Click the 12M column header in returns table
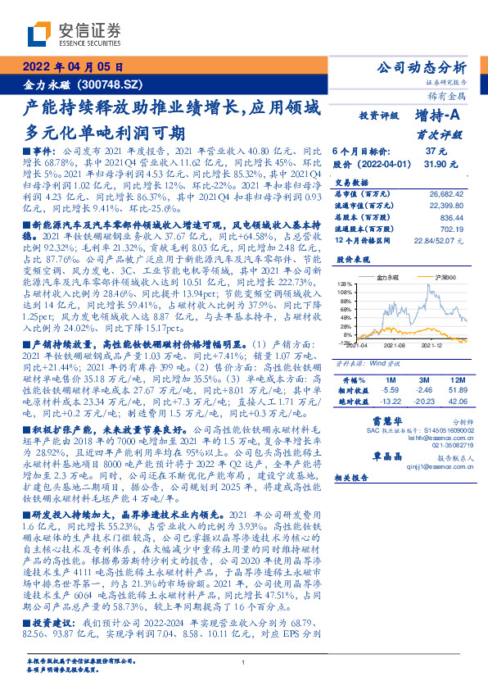pos(454,381)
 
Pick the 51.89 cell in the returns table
pos(454,392)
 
